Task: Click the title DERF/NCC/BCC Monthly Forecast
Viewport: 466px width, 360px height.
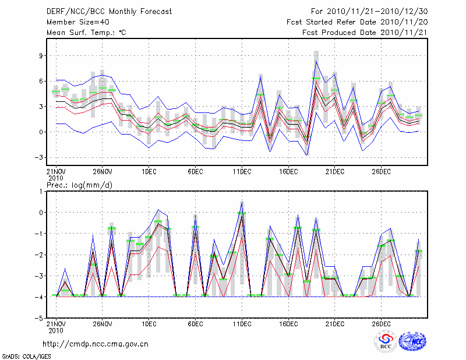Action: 109,12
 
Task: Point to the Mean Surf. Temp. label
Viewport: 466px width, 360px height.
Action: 86,33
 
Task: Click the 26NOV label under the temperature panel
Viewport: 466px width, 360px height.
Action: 102,172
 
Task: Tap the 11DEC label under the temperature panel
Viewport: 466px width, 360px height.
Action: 242,172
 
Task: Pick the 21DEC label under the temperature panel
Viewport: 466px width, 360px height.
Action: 335,172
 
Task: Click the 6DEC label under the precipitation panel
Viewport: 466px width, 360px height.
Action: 195,324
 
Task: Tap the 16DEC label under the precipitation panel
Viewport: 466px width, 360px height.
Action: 288,324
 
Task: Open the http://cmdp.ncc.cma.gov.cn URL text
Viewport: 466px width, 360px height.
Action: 96,344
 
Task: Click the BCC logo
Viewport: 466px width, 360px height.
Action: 386,342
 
